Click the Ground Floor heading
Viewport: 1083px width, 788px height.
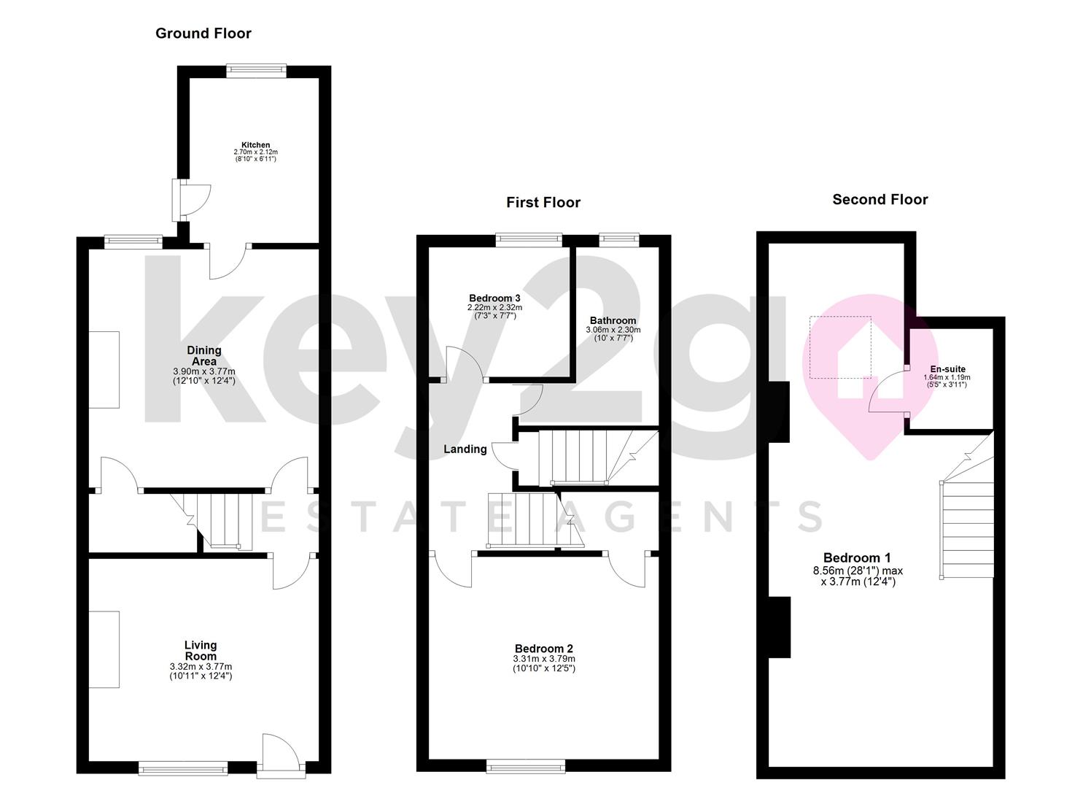tap(203, 34)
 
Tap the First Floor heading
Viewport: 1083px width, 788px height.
tap(543, 202)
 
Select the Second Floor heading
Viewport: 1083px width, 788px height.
tap(880, 199)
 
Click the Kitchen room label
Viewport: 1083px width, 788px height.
tap(256, 144)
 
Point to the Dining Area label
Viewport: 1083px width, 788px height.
tap(204, 355)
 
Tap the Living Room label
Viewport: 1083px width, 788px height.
tap(201, 651)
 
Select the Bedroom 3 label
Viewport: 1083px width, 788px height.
tap(494, 298)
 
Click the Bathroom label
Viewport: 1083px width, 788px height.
tap(613, 320)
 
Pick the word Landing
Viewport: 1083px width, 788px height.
tap(465, 449)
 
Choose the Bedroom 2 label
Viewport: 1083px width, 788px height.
tap(544, 649)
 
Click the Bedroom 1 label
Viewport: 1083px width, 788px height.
tap(857, 557)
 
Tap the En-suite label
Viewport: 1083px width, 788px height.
tap(947, 369)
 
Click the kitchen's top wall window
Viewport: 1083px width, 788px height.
tap(256, 71)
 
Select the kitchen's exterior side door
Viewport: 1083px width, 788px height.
tap(191, 200)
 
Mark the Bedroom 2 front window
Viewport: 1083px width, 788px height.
tap(526, 766)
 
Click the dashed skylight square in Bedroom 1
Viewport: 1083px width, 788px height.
tap(840, 347)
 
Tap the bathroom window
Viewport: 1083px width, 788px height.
tap(619, 240)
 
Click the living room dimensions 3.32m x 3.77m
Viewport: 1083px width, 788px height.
tap(201, 667)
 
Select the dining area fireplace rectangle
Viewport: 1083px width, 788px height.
tap(104, 370)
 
